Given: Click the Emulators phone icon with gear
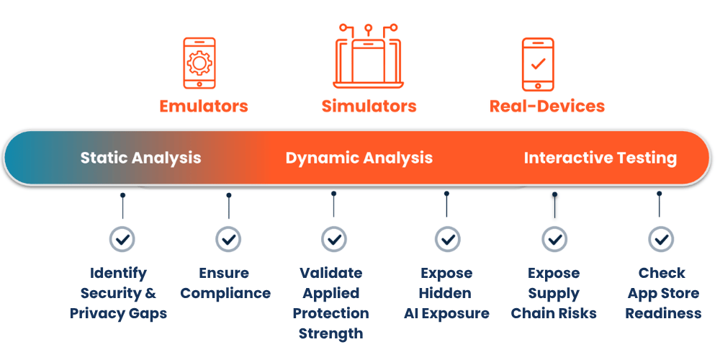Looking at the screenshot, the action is pos(199,63).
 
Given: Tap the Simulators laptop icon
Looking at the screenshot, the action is pos(368,56).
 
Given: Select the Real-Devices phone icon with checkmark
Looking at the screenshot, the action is pos(538,64).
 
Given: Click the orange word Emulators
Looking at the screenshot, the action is pos(204,106).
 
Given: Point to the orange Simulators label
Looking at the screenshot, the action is pos(369,106).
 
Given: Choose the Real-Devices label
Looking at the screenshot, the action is pos(547,106).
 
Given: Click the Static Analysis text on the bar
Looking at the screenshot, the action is pos(140,158).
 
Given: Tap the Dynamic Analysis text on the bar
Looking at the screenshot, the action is pos(359,158).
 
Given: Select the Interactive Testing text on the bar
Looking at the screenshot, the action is pos(600,158).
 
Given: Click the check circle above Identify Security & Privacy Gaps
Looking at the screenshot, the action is pos(122,239).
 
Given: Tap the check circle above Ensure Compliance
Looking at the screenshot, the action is pos(228,239).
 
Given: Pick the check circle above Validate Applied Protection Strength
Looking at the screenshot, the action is pos(334,239).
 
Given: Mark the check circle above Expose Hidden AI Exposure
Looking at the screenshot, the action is pos(447,239).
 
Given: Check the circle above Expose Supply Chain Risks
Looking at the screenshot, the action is pos(554,239).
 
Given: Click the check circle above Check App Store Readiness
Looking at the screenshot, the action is pos(661,239).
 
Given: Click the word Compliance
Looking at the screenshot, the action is pos(225,294).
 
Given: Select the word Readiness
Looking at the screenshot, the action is pos(664,314).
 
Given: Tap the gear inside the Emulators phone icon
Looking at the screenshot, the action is pos(199,63).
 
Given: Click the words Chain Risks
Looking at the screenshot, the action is pos(554,314).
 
